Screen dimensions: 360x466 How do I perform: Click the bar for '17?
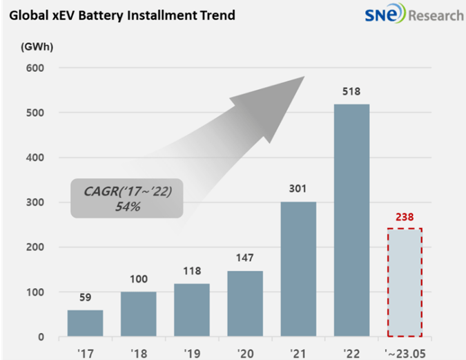coord(85,323)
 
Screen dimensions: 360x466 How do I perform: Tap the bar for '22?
coord(352,221)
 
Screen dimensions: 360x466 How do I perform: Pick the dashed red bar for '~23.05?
coord(405,283)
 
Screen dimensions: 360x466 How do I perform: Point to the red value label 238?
coord(405,216)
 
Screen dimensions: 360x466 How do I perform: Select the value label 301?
coord(298,189)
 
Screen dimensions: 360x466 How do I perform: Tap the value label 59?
coord(85,298)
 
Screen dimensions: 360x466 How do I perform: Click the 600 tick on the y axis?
coord(35,68)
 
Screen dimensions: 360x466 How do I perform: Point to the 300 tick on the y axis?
coord(35,202)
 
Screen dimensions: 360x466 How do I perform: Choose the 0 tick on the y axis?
coord(41,337)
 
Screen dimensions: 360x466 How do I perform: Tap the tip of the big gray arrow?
coord(304,77)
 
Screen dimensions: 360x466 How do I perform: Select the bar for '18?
coord(139,314)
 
